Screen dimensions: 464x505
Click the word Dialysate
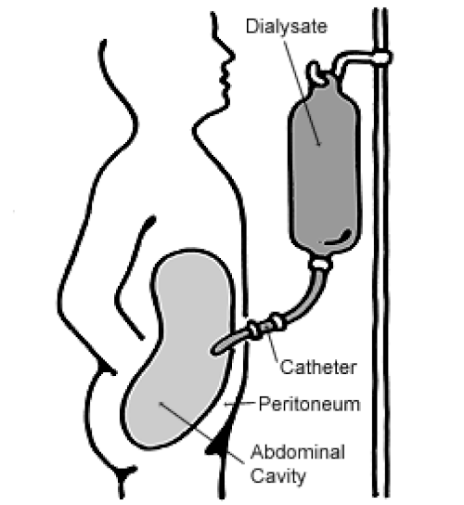pyautogui.click(x=286, y=27)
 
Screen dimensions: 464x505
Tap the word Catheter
pyautogui.click(x=318, y=368)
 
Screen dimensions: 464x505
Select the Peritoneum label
pyautogui.click(x=309, y=404)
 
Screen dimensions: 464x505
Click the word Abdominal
pyautogui.click(x=298, y=452)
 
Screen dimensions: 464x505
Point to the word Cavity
pyautogui.click(x=277, y=476)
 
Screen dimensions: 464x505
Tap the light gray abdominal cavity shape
pyautogui.click(x=176, y=349)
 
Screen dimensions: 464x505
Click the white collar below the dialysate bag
pyautogui.click(x=319, y=263)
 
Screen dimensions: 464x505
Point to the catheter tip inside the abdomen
pyautogui.click(x=215, y=350)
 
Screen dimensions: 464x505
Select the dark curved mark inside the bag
pyautogui.click(x=338, y=238)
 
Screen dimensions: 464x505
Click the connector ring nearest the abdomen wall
pyautogui.click(x=253, y=330)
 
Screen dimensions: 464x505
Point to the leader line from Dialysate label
pyautogui.click(x=301, y=90)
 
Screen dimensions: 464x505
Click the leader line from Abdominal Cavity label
pyautogui.click(x=201, y=433)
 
